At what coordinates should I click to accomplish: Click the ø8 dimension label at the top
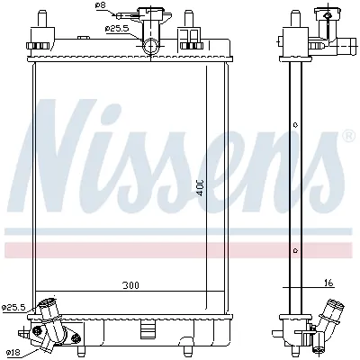pyautogui.click(x=100, y=6)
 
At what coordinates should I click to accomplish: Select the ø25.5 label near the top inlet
pyautogui.click(x=117, y=28)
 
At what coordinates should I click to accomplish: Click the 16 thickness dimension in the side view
pyautogui.click(x=329, y=283)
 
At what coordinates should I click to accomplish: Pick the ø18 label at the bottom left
pyautogui.click(x=13, y=352)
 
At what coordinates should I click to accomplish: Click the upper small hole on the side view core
pyautogui.click(x=293, y=126)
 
